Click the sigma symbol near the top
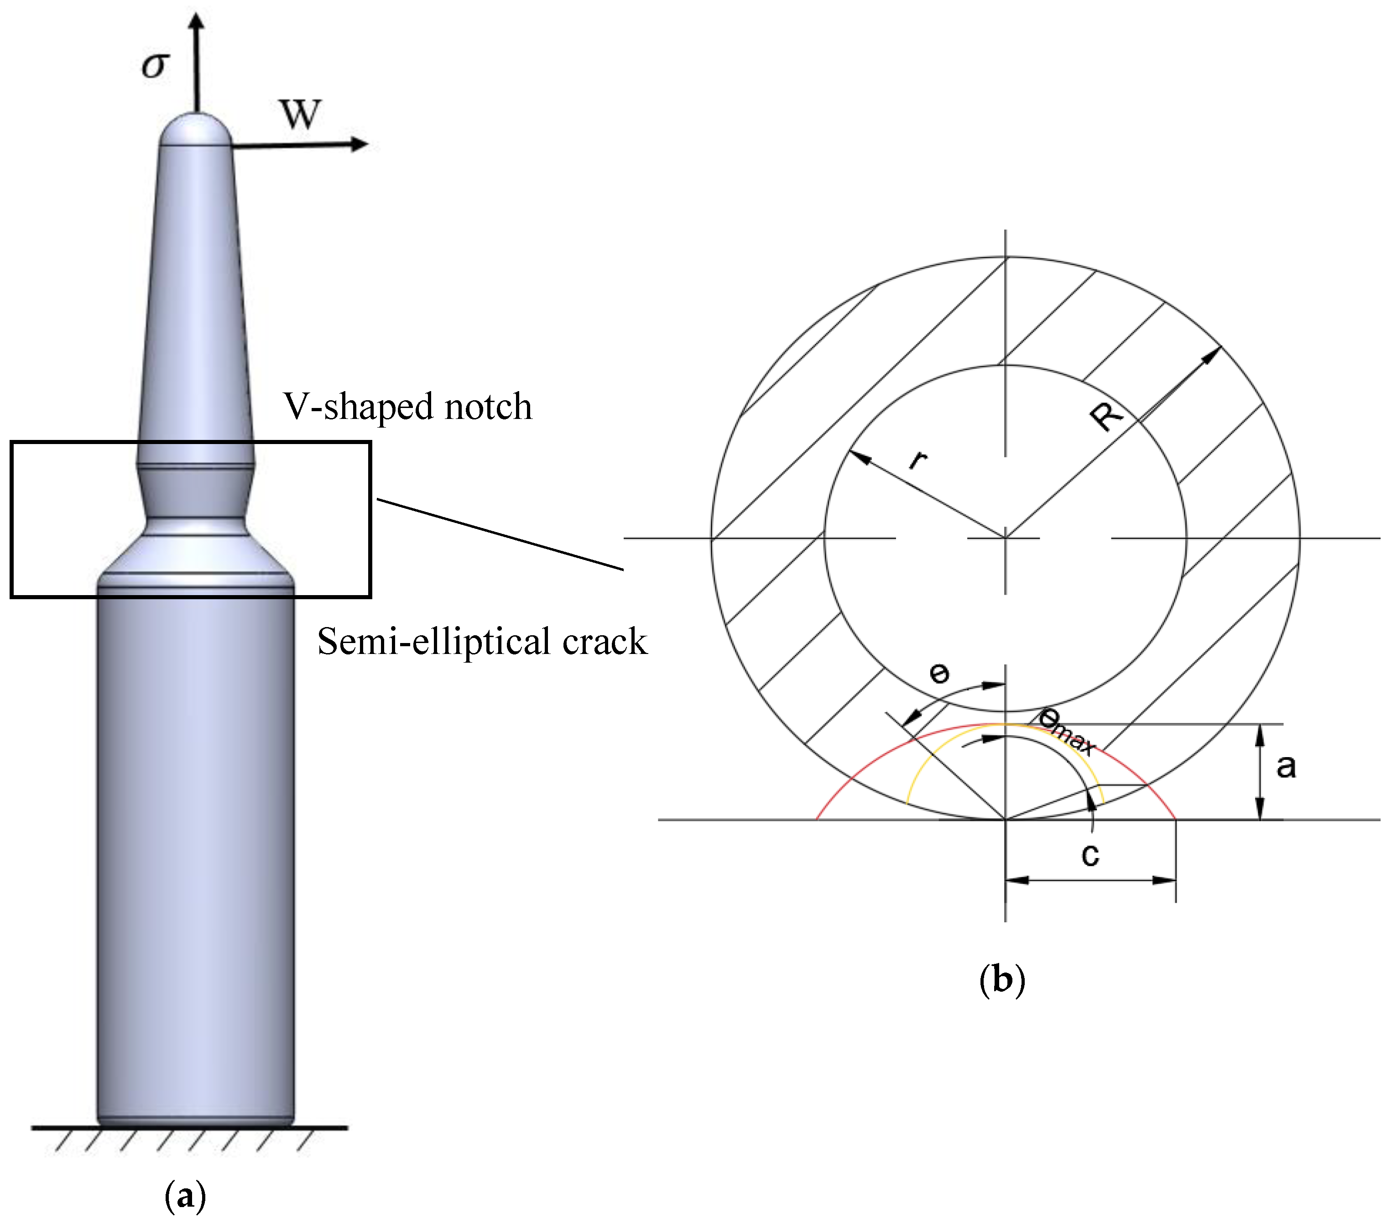pyautogui.click(x=155, y=65)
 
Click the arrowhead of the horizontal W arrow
pyautogui.click(x=360, y=144)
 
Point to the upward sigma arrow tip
pyautogui.click(x=197, y=21)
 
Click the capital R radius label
pyautogui.click(x=1105, y=416)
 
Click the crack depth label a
pyautogui.click(x=1286, y=766)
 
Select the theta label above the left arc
pyautogui.click(x=939, y=674)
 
